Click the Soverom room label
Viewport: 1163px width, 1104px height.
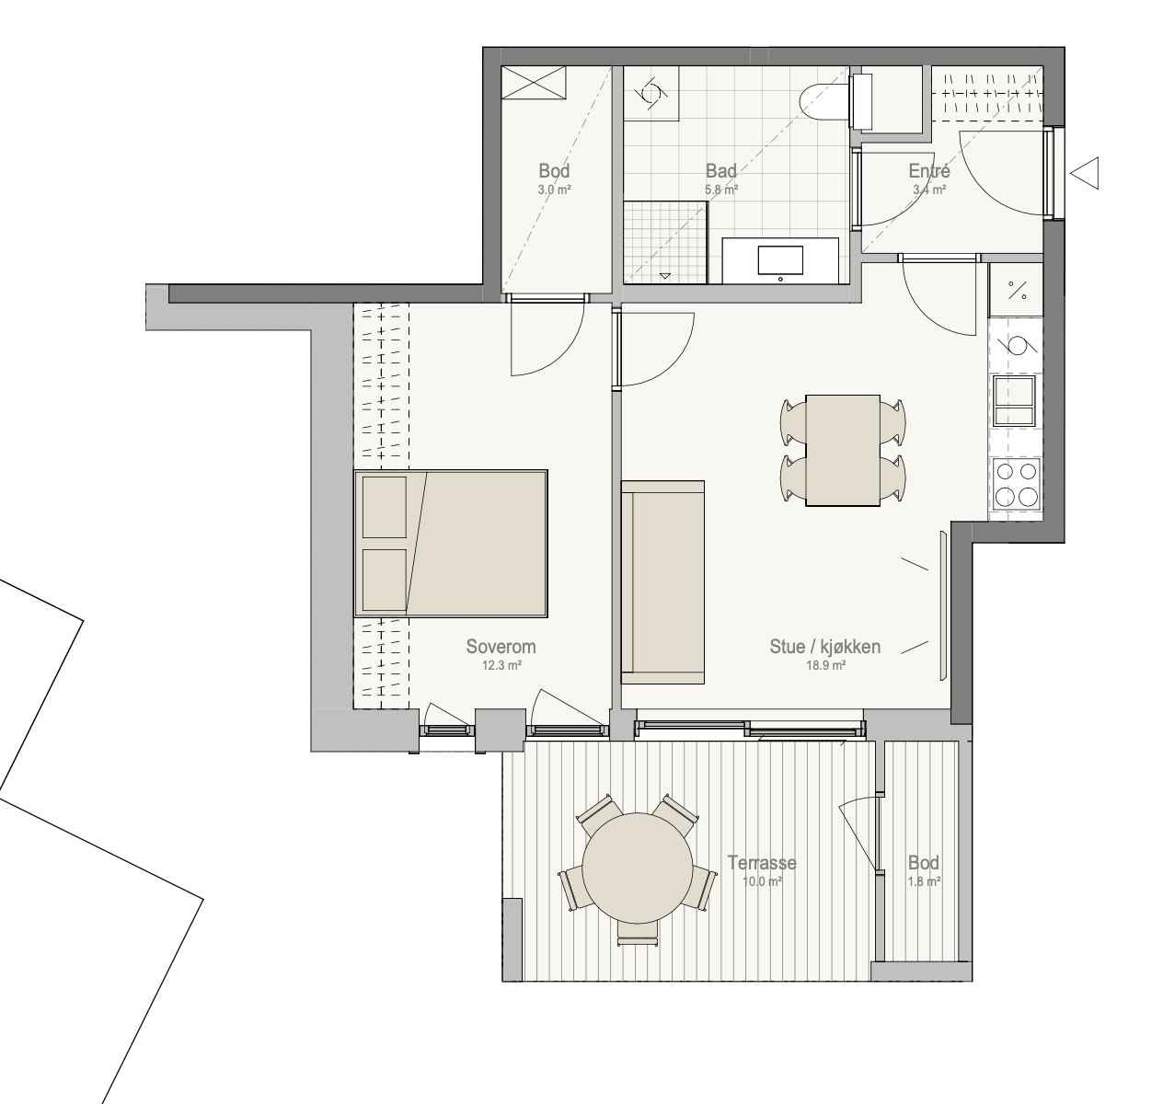point(501,647)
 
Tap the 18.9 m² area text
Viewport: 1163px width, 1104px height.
point(825,665)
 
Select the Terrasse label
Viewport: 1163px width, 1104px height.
point(762,863)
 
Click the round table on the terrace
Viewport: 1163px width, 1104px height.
point(637,868)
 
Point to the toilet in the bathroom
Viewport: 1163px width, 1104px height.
point(835,100)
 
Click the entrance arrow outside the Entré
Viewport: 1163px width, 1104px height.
point(1084,173)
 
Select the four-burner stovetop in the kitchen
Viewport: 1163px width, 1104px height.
point(1017,483)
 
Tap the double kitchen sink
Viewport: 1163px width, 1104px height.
point(1015,400)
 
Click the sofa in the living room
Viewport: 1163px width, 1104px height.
point(662,582)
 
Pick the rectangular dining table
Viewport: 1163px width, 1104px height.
point(843,450)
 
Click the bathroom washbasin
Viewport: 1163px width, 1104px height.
point(780,260)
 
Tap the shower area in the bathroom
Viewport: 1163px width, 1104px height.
point(665,242)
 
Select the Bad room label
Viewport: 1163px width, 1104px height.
point(721,171)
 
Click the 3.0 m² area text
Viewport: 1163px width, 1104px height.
point(554,190)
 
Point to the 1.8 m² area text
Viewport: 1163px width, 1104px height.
point(924,881)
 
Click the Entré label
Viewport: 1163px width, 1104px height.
point(929,171)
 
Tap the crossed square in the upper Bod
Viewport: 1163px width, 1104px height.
point(534,83)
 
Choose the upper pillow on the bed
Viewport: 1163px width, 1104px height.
point(385,507)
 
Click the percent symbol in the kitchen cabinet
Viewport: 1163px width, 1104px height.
point(1017,291)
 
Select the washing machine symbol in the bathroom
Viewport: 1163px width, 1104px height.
point(651,94)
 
